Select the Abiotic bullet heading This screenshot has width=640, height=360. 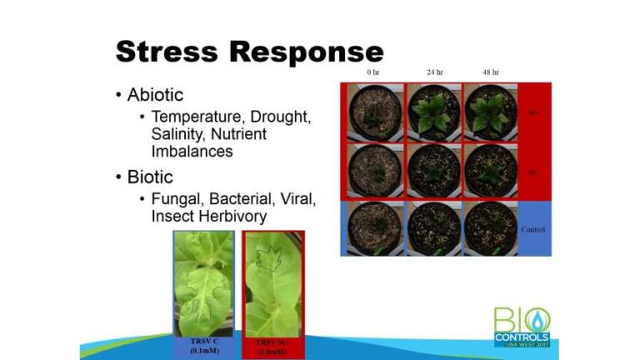pyautogui.click(x=156, y=95)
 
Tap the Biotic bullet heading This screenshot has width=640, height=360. pyautogui.click(x=150, y=177)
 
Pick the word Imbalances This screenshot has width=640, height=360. pyautogui.click(x=192, y=152)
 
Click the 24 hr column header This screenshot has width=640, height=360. pyautogui.click(x=434, y=72)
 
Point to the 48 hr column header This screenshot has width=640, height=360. pyautogui.click(x=491, y=72)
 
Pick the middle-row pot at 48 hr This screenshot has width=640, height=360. pyautogui.click(x=491, y=170)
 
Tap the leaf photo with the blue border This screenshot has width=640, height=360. pyautogui.click(x=202, y=282)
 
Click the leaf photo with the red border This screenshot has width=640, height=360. pyautogui.click(x=273, y=282)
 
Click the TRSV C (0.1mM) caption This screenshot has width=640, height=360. pyautogui.click(x=202, y=346)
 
